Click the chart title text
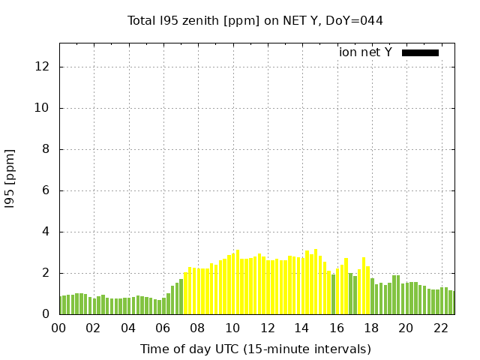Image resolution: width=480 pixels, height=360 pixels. pos(255,20)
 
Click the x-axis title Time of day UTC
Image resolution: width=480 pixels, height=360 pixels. pos(255,349)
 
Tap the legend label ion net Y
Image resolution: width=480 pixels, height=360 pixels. pos(365,52)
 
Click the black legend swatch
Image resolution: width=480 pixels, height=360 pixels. pos(420,52)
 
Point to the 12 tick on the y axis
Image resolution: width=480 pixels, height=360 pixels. pos(43,67)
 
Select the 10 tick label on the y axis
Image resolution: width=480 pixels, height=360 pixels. pos(43,108)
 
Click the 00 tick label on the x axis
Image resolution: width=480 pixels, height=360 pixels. pos(59,328)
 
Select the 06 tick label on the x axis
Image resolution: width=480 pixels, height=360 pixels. pos(163,328)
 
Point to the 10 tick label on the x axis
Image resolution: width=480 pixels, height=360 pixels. pos(232,328)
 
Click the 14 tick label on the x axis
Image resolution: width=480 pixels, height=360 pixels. pos(301,328)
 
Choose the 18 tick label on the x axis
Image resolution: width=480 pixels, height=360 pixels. pos(370,328)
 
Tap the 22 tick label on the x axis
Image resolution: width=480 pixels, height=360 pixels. pos(440,328)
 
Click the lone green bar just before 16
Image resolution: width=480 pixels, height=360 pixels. pos(333,294)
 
